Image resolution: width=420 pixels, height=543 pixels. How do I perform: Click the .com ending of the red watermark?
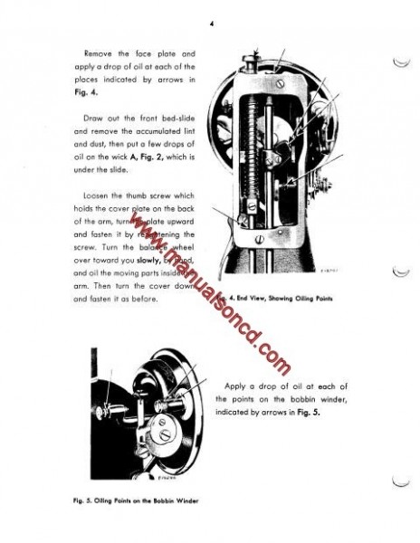point(272,358)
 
